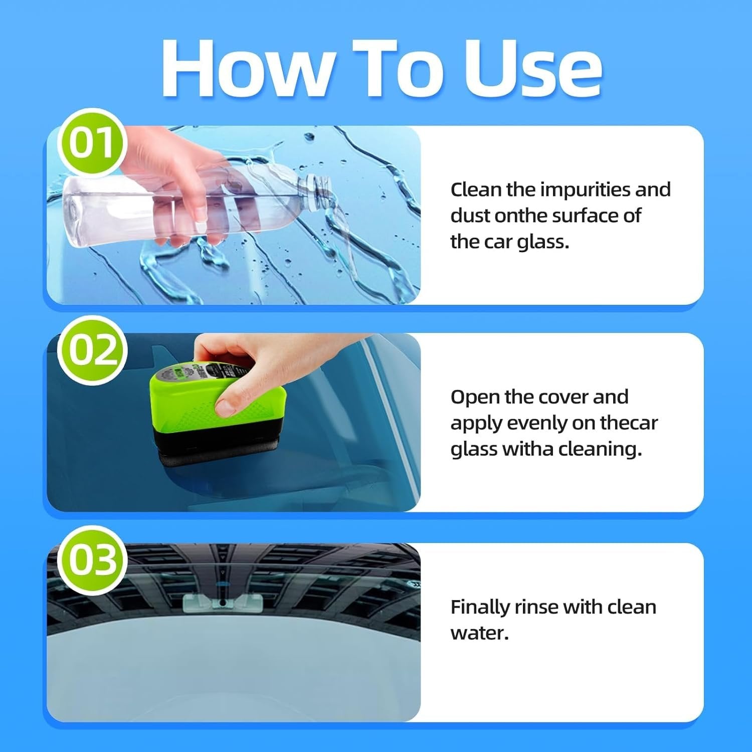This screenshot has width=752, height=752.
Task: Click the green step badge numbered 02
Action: tap(92, 350)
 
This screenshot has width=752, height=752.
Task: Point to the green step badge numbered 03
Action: tap(92, 560)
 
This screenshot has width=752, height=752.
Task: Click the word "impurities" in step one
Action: tap(586, 190)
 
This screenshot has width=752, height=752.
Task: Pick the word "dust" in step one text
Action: tap(470, 216)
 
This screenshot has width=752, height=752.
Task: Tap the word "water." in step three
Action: tap(479, 633)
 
